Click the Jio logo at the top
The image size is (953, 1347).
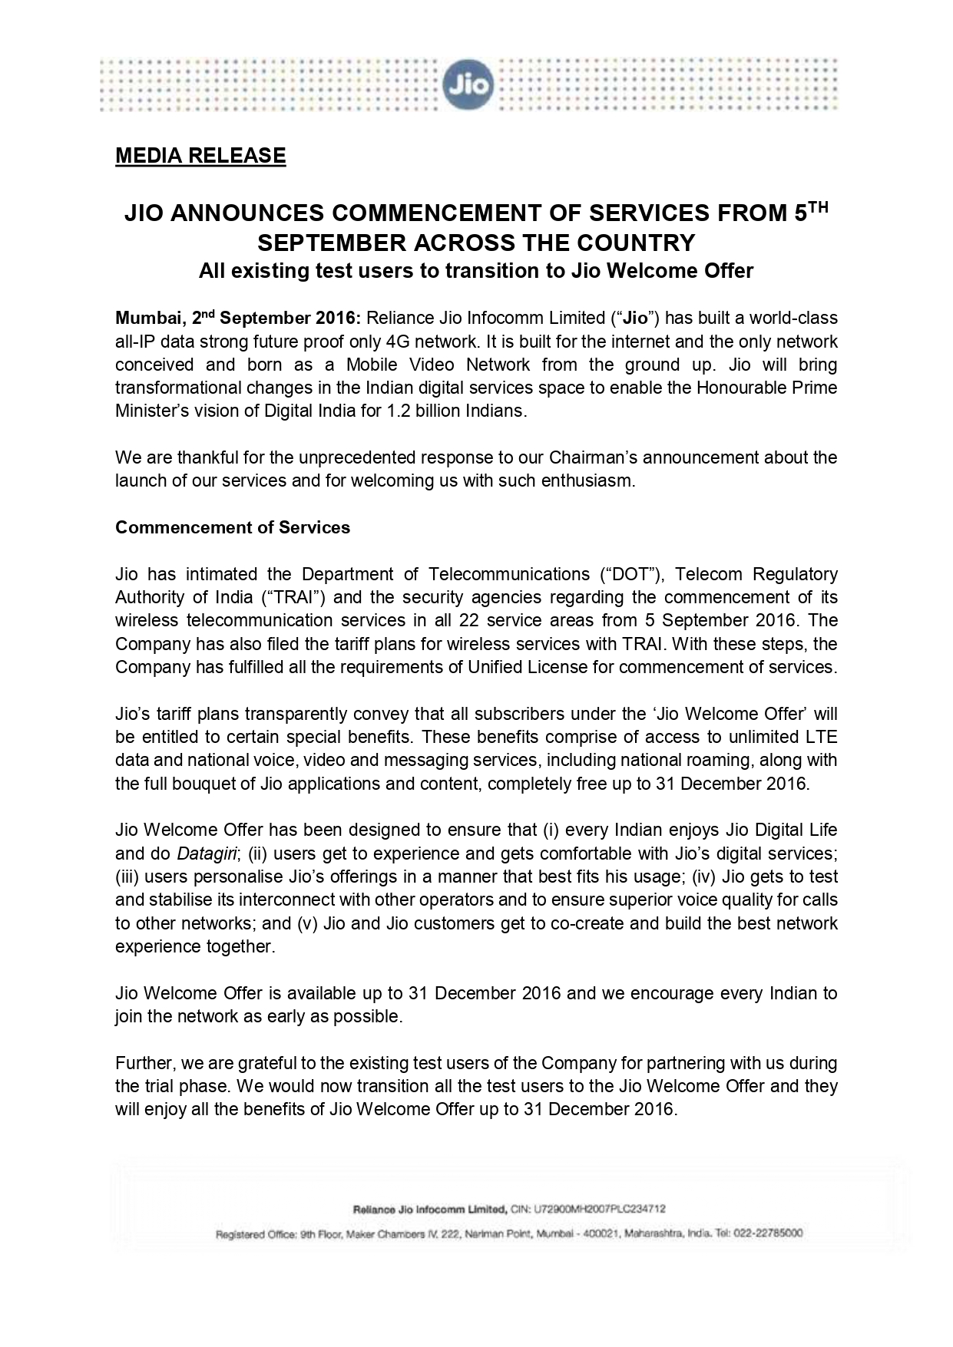(467, 85)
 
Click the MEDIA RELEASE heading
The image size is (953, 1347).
(200, 156)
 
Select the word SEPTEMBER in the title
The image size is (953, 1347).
(333, 243)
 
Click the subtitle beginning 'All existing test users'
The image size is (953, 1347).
(476, 271)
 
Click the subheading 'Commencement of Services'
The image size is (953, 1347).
(233, 528)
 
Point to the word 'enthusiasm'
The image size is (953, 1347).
(591, 481)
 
